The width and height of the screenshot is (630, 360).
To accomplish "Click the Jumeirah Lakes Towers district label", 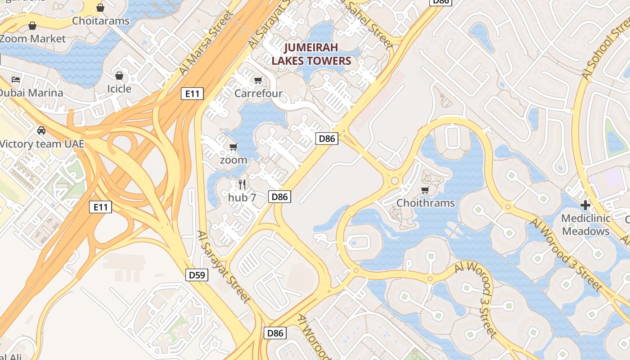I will pos(311,54).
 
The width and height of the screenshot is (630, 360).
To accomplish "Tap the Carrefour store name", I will pos(258,94).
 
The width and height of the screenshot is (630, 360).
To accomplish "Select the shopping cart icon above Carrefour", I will pos(258,81).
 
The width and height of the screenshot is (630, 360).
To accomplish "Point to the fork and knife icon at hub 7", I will pos(242,184).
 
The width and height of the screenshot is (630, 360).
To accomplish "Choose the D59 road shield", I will pos(197,274).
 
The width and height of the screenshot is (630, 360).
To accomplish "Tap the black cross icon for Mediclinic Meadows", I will pos(585,206).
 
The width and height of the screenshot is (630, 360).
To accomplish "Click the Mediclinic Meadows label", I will pos(586,225).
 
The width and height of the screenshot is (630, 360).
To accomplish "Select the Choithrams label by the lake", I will pos(425,203).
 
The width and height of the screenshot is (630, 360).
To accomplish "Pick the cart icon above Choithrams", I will pos(425,190).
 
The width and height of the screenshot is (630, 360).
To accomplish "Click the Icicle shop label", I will pos(119,89).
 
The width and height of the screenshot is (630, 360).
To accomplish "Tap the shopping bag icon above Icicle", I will pos(119,76).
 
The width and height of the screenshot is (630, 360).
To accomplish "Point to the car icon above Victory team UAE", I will pos(41,130).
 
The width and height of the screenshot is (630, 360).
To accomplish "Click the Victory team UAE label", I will pos(41,144).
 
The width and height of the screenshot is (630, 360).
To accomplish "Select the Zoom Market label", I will pos(32,39).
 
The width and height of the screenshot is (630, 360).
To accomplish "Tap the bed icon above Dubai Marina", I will pos(16,80).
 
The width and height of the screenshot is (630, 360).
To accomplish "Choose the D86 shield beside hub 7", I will pos(279,197).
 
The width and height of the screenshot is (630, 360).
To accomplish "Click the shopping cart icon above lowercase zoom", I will pos(233,147).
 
